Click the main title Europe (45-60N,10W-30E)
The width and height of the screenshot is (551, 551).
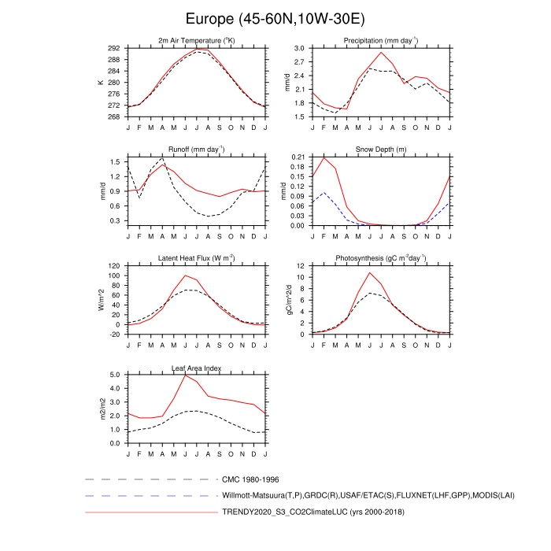[275, 18]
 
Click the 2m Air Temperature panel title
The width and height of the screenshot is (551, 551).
[197, 40]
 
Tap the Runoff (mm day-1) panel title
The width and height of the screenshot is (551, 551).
[197, 150]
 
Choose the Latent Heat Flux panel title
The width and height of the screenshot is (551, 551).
[197, 258]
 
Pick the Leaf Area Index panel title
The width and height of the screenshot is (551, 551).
[197, 368]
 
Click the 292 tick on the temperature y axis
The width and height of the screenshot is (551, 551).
[113, 48]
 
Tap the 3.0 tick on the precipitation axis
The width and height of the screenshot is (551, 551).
[298, 48]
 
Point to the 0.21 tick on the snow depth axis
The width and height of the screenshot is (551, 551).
[296, 157]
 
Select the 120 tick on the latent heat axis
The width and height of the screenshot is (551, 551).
[113, 266]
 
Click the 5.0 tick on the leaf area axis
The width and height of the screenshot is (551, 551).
[115, 375]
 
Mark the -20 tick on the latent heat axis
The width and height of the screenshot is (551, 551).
[113, 334]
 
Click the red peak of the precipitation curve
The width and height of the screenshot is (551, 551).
[381, 52]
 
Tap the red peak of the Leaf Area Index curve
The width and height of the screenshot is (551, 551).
[185, 374]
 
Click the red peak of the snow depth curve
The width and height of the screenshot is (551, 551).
[324, 157]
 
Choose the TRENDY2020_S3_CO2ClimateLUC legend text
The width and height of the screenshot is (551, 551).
[313, 512]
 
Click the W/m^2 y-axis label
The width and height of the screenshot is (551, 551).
[101, 300]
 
